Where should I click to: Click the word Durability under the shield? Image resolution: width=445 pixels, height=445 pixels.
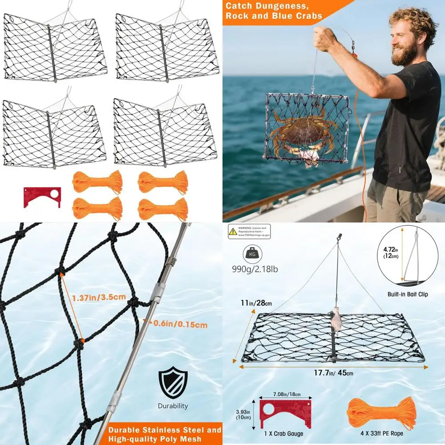[173, 406]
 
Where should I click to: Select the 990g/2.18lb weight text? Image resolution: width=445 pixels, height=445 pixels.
[252, 270]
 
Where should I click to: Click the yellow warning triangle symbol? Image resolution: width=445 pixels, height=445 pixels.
[233, 231]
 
